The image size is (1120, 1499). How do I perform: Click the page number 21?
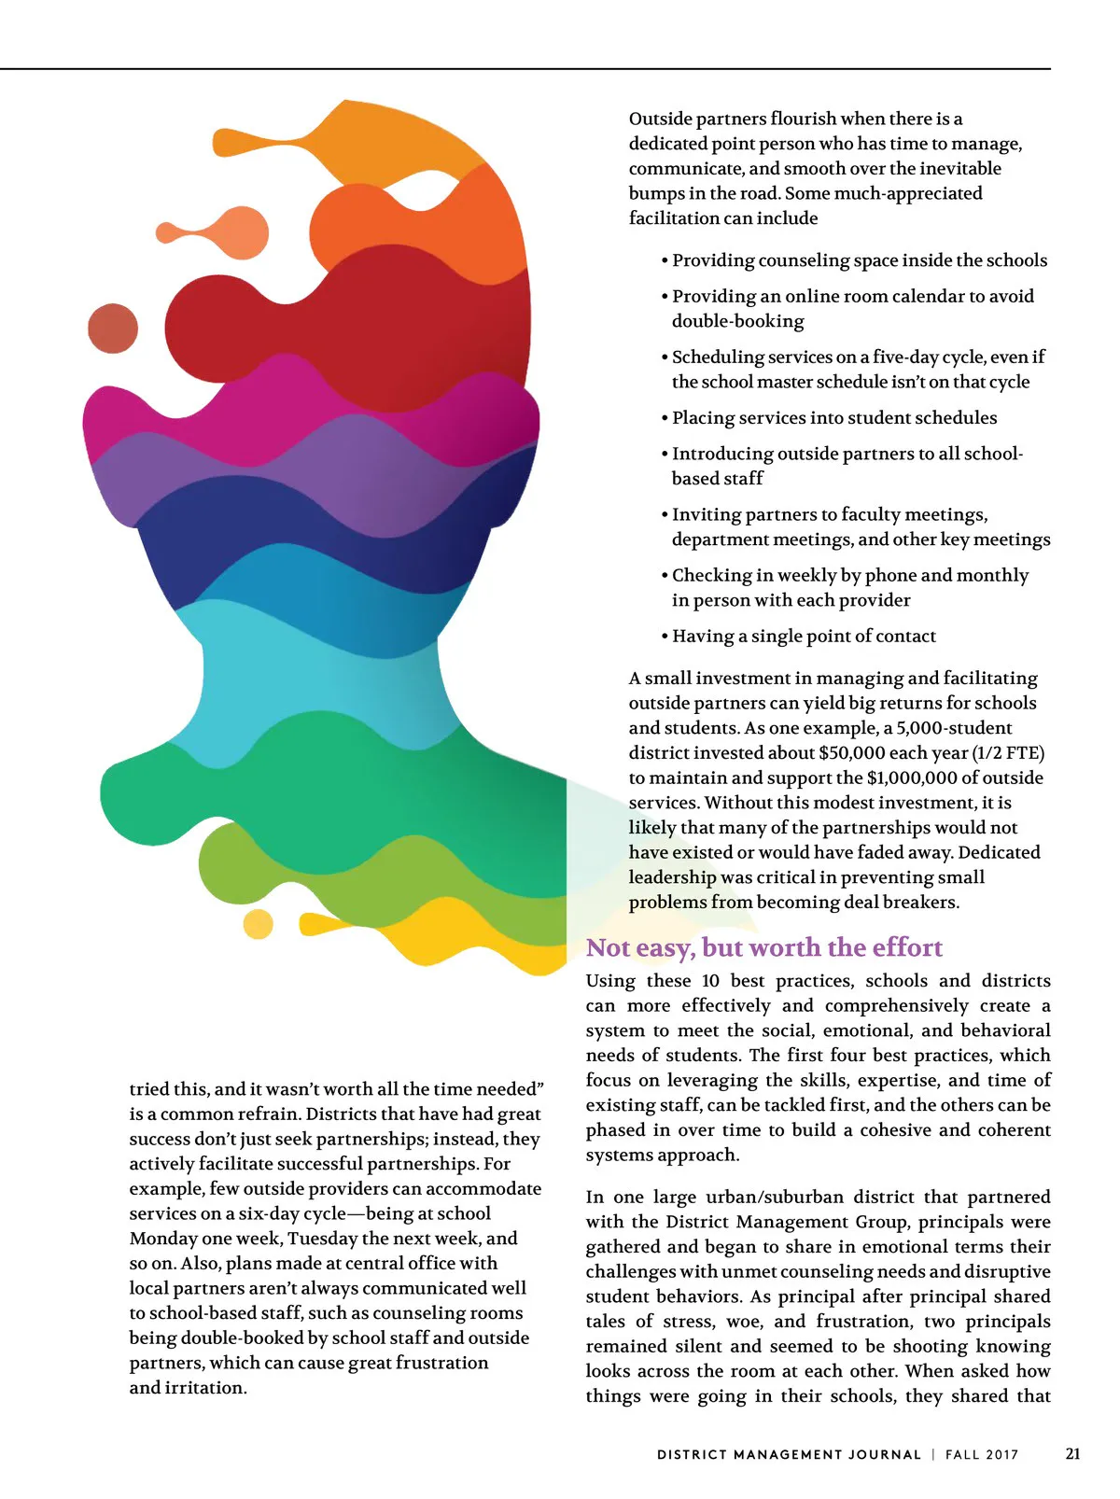(1072, 1453)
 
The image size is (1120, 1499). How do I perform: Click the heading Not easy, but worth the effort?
(763, 947)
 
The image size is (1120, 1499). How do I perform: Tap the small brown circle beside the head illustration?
(113, 328)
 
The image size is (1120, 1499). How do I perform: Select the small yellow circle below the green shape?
(258, 924)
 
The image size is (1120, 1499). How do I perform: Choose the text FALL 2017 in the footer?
(982, 1454)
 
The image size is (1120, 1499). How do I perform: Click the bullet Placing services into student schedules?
(833, 417)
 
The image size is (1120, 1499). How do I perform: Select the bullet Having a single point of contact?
(803, 636)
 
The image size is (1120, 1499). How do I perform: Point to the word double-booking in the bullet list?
(737, 321)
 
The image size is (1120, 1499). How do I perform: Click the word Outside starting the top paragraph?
(660, 119)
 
